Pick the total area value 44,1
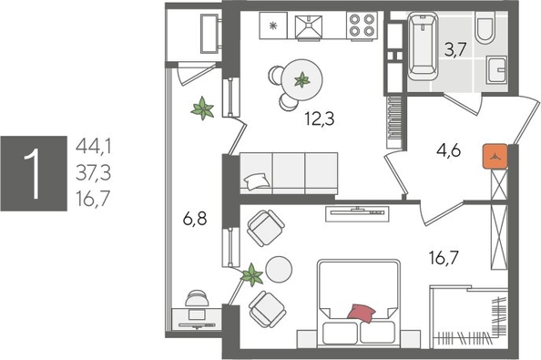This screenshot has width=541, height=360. (96, 145)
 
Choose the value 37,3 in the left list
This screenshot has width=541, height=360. (96, 170)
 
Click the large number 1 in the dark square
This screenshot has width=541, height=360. (35, 173)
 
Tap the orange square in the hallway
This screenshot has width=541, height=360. (495, 156)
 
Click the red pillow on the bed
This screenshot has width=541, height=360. (361, 314)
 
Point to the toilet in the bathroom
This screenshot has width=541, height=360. (485, 30)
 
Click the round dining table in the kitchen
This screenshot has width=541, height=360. (298, 77)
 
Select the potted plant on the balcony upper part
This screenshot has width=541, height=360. (202, 110)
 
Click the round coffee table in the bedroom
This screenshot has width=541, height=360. (278, 268)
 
